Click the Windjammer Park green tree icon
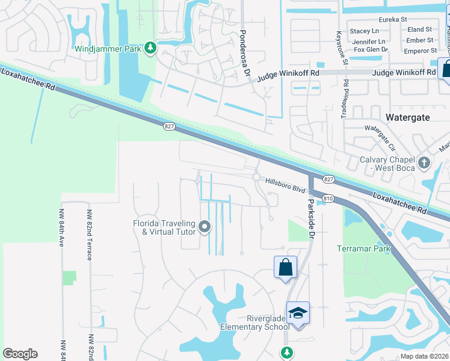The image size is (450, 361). [x=150, y=48]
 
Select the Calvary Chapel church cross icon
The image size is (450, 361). [x=425, y=162]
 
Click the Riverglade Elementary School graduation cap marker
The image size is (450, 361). [x=298, y=313]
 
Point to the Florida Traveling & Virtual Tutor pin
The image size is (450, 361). [x=205, y=227]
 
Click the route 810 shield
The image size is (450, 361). [x=328, y=198]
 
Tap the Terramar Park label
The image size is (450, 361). [x=363, y=248]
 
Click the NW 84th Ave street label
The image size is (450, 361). [x=61, y=227]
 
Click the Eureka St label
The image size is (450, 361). [x=393, y=20]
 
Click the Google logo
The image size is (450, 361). [x=20, y=354]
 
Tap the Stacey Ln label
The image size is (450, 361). [x=364, y=31]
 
